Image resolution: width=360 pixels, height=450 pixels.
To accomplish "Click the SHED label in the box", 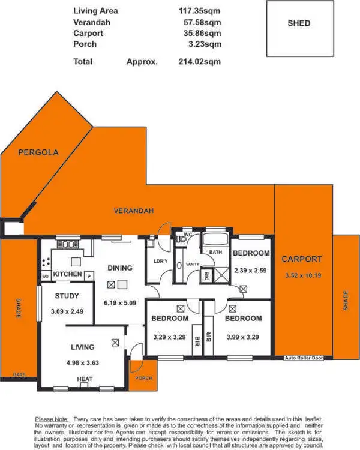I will [x=299, y=23].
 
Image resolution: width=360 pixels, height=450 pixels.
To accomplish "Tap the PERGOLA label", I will [x=38, y=152].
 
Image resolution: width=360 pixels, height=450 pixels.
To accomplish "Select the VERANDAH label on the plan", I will [x=134, y=211].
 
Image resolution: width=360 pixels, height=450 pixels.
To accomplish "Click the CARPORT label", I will [x=302, y=259].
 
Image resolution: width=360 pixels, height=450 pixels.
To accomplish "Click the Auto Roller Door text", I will [x=304, y=358].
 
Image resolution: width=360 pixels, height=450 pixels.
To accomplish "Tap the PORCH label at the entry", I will [x=143, y=379].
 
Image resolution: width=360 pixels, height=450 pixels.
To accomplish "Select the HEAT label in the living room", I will [x=84, y=379].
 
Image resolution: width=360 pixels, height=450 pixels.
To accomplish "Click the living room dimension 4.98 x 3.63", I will [x=82, y=362].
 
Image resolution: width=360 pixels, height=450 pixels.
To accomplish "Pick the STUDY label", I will [x=67, y=296].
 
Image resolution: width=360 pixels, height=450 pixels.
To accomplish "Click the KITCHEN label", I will [x=67, y=274].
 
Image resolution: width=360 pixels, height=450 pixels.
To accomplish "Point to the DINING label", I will [x=119, y=268].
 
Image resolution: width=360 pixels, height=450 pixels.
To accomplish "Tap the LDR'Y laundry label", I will [x=160, y=261].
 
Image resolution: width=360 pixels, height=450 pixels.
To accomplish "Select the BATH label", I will [x=216, y=252].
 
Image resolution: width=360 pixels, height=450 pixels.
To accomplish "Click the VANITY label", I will [x=193, y=265].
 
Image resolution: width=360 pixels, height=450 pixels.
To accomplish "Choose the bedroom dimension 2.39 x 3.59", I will [x=251, y=270].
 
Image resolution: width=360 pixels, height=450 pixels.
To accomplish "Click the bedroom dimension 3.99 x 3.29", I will [x=242, y=337].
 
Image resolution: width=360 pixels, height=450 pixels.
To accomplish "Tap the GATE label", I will [x=19, y=374].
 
